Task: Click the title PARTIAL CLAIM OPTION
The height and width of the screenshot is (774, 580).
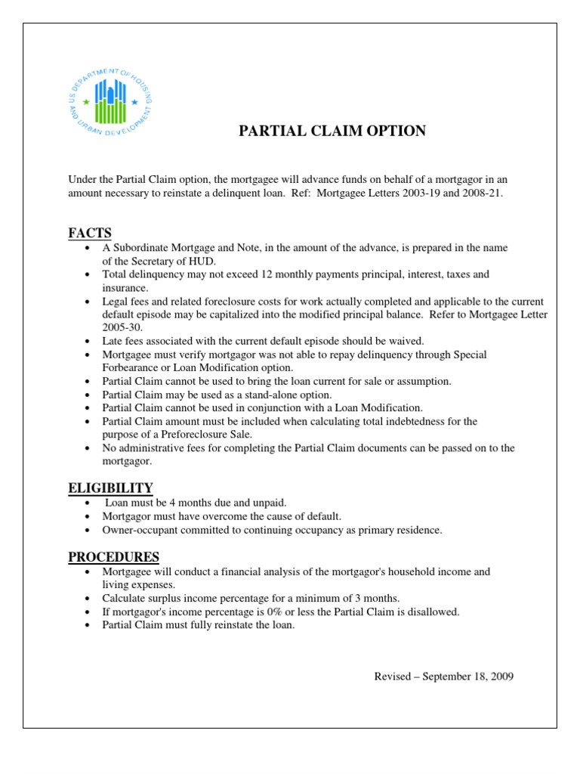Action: [332, 132]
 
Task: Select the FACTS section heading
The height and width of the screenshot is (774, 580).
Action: [90, 232]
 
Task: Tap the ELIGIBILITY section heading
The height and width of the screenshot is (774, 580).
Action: [110, 488]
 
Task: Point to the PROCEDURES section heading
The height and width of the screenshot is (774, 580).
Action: [113, 557]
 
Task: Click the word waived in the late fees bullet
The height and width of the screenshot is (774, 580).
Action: [406, 341]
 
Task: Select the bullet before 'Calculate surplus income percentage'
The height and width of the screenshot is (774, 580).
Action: [90, 598]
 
